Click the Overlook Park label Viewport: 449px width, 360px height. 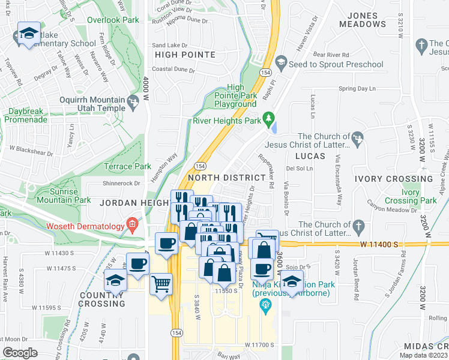pos(113,20)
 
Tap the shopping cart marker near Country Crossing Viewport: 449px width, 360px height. pos(161,284)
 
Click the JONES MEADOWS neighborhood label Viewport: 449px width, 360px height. pos(363,20)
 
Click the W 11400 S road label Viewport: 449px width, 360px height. pos(379,244)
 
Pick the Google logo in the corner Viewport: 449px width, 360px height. pos(20,353)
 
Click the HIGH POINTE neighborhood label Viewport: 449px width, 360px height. pos(185,55)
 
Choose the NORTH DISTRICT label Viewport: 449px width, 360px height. pos(226,178)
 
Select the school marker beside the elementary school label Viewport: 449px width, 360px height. pos(29,34)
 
